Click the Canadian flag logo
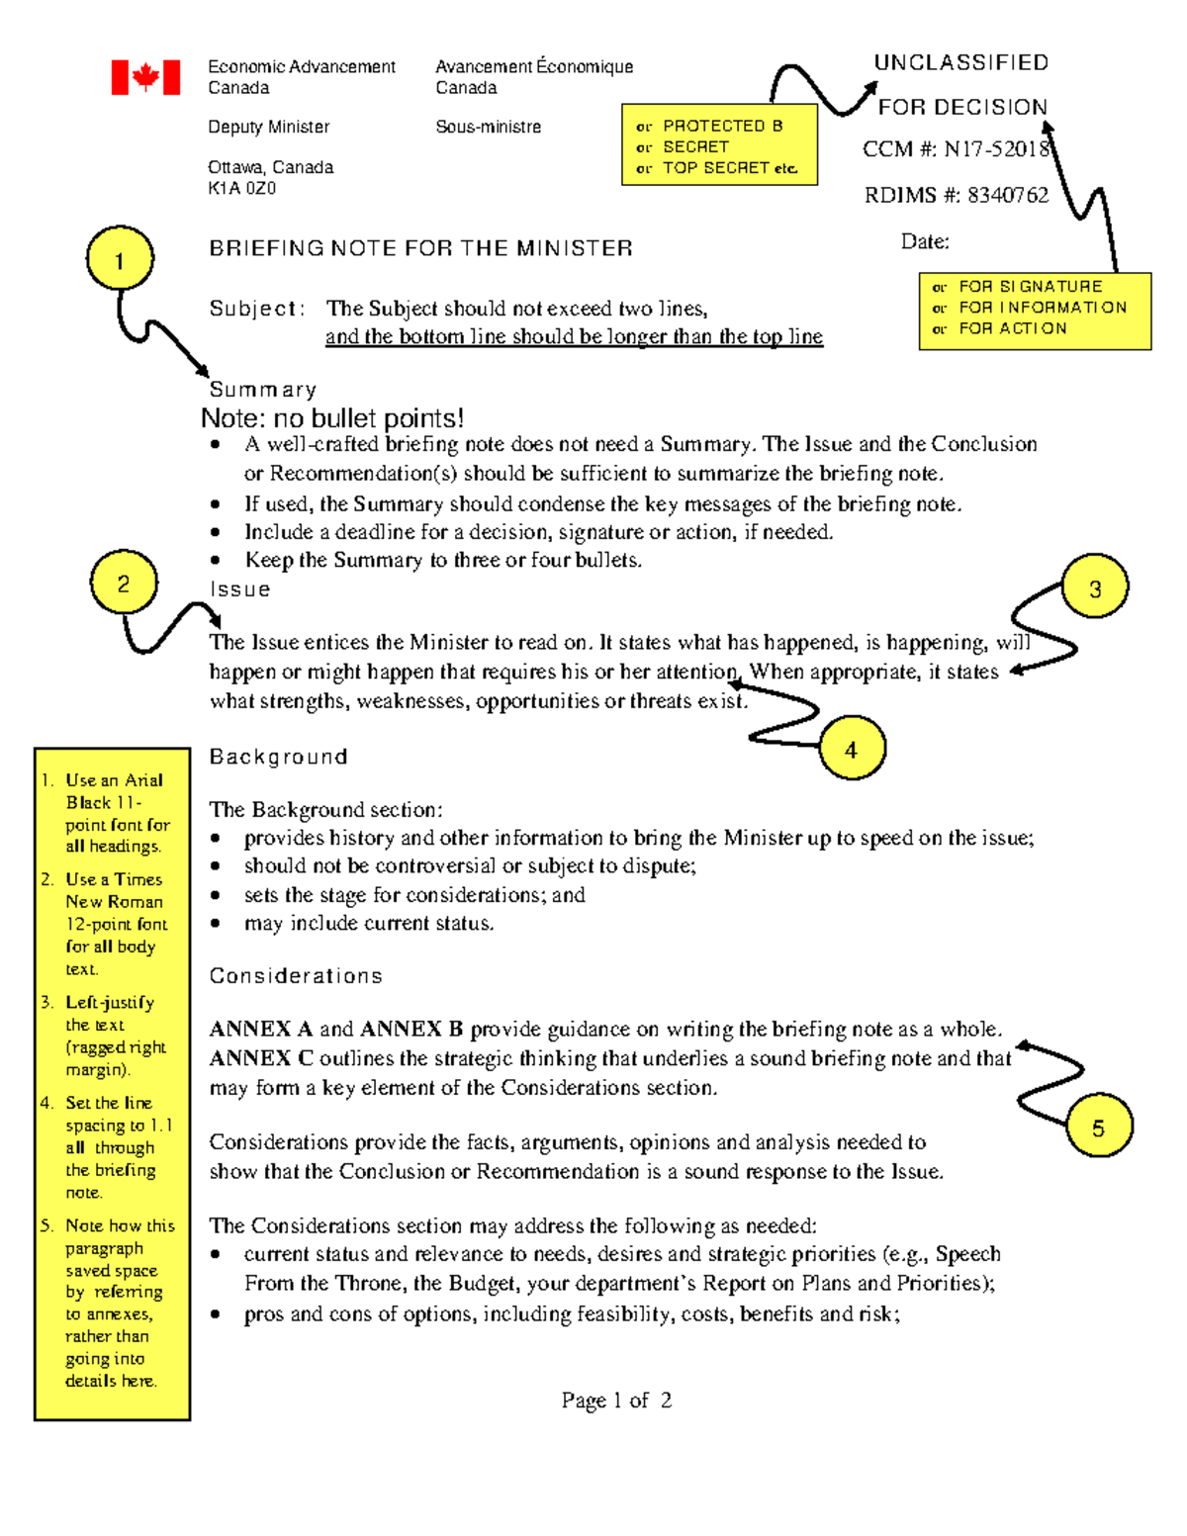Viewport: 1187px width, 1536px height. (x=145, y=77)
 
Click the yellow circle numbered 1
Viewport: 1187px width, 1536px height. (x=120, y=259)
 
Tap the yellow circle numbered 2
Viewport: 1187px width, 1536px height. (x=124, y=584)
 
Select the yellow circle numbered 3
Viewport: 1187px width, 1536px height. (x=1095, y=588)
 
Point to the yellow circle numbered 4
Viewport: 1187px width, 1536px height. (x=852, y=749)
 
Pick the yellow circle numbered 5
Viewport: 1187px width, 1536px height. (x=1098, y=1127)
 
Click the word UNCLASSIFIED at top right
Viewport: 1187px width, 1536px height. (x=960, y=63)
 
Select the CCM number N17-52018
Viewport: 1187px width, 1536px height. (x=996, y=149)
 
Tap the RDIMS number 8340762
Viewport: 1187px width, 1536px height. (x=1007, y=195)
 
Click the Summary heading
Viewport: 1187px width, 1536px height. (x=262, y=390)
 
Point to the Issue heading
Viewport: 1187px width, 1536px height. (x=239, y=589)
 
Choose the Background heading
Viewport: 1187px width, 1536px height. (x=278, y=757)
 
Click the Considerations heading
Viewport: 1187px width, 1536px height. (x=295, y=976)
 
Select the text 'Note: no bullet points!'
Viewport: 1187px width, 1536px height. (x=332, y=418)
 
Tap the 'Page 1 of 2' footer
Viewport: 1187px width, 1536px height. (x=616, y=1400)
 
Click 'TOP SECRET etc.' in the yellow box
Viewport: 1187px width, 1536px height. (x=729, y=168)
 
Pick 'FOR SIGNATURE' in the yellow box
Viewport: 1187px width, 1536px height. (x=1030, y=287)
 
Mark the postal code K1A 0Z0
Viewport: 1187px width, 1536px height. (x=241, y=188)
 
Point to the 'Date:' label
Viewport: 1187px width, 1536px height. (x=925, y=241)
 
